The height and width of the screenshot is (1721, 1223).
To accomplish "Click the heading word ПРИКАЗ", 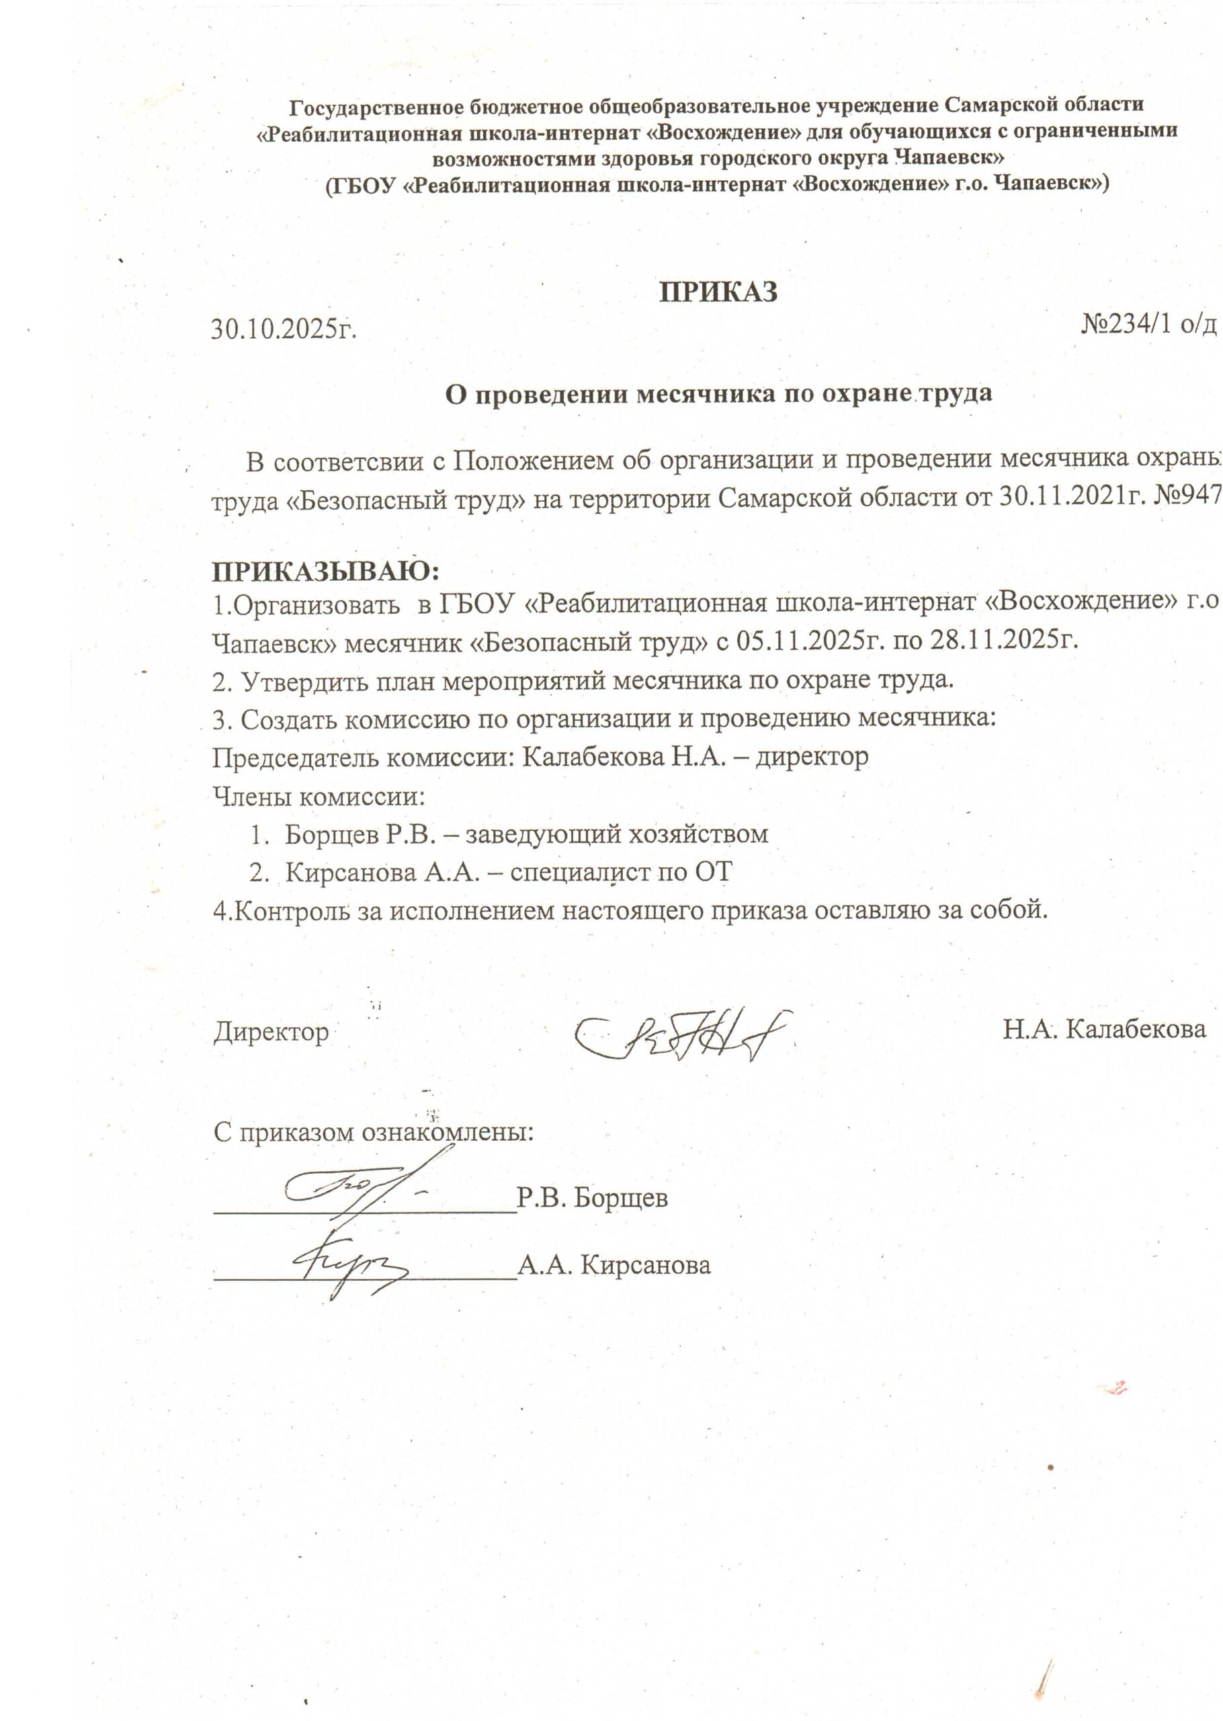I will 718,292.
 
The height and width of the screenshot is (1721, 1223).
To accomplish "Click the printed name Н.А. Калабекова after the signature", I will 1104,1029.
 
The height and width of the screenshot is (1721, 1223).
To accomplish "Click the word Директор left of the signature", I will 271,1031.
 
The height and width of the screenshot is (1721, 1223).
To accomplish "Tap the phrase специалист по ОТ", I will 622,872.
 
